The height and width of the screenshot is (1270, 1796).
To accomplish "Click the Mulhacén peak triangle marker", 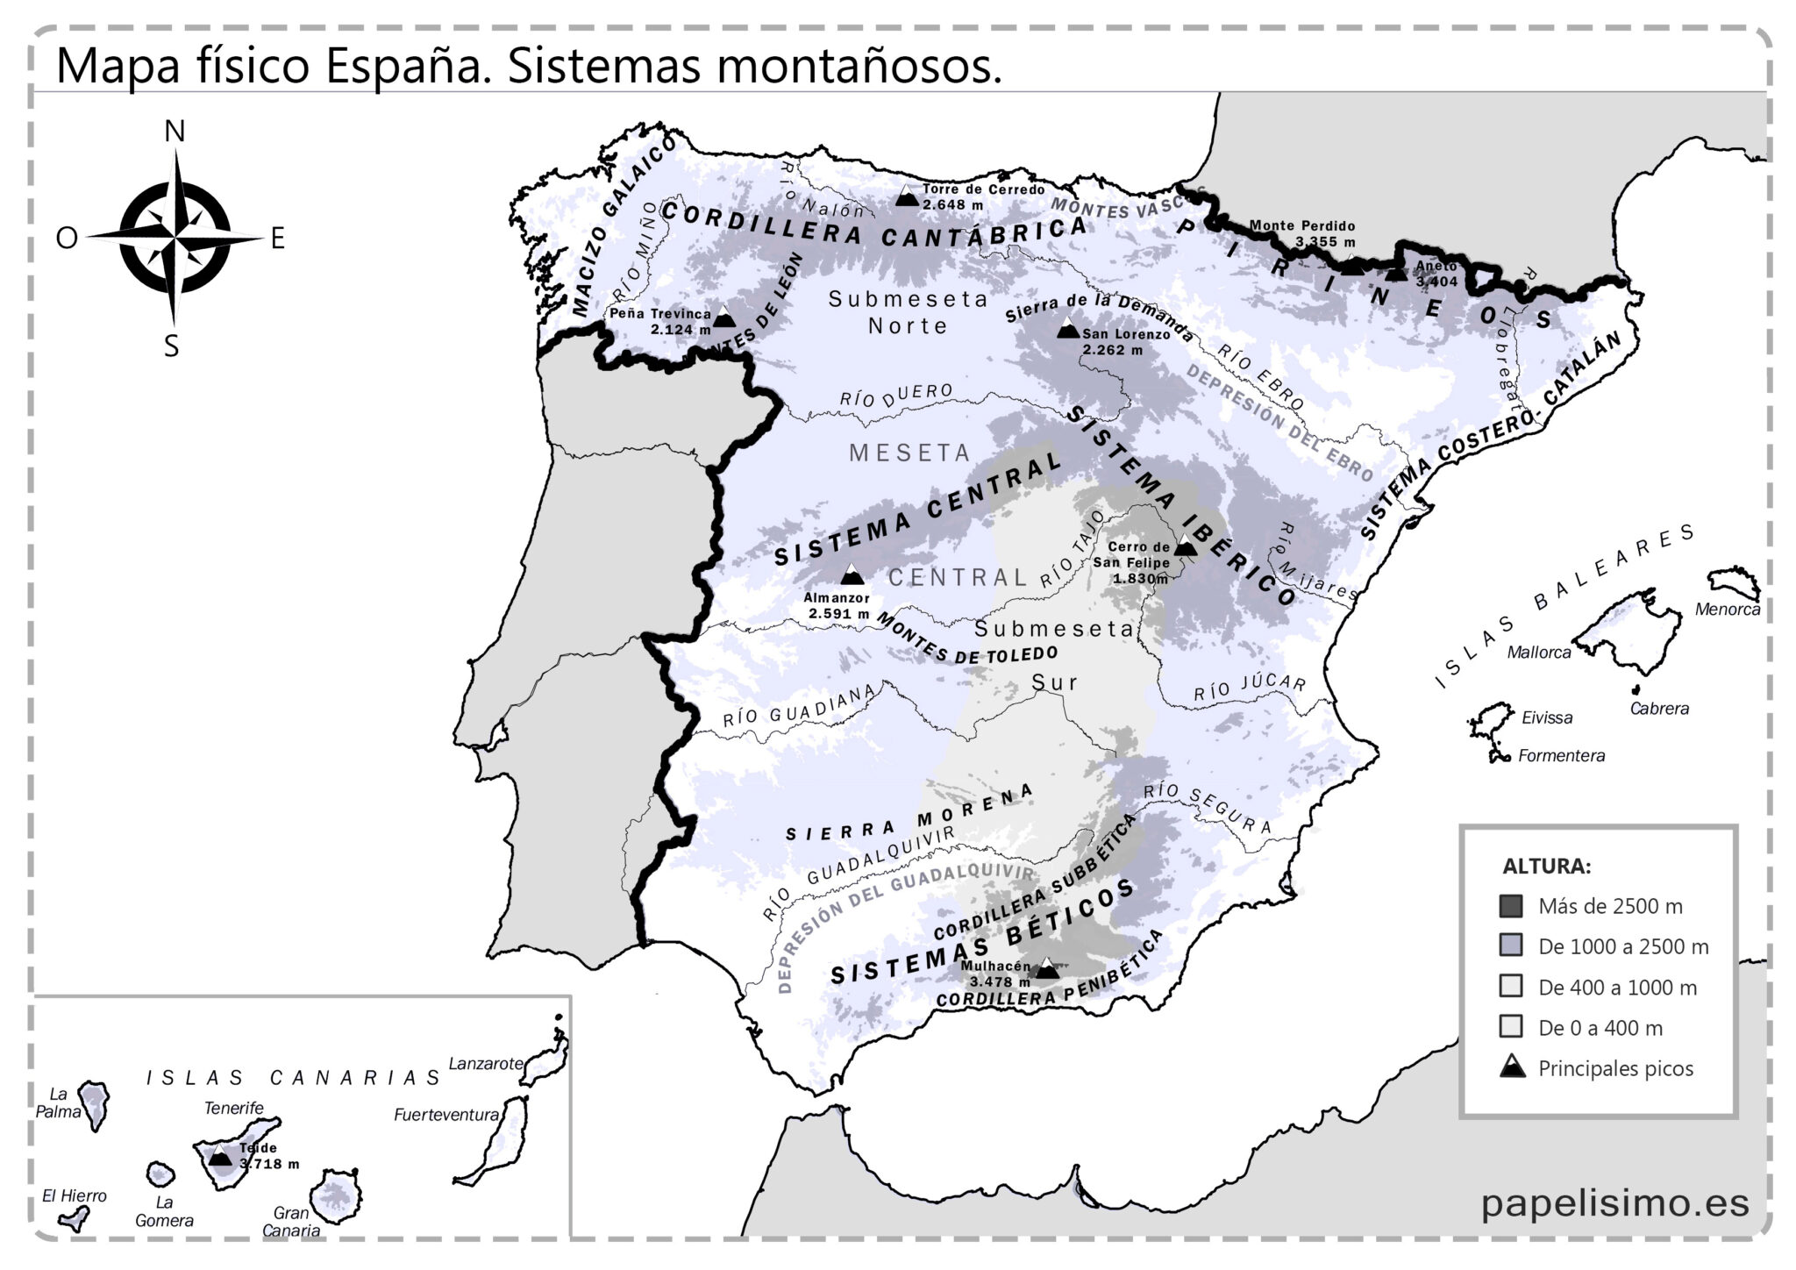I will pyautogui.click(x=1046, y=968).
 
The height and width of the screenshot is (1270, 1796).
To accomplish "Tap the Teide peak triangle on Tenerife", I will pyautogui.click(x=220, y=1157).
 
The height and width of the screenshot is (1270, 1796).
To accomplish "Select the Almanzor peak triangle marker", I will pyautogui.click(x=851, y=575).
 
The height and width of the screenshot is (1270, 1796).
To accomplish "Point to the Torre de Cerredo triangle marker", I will pyautogui.click(x=907, y=196).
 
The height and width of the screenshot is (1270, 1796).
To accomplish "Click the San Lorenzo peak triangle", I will pyautogui.click(x=1067, y=329).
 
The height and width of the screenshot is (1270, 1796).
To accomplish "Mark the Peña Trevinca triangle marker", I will pyautogui.click(x=723, y=317).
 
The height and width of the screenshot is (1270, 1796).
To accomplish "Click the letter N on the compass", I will pyautogui.click(x=175, y=132).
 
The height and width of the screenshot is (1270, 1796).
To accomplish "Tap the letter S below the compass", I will pyautogui.click(x=172, y=346).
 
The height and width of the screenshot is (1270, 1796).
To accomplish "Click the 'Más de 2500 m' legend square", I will pyautogui.click(x=1510, y=906).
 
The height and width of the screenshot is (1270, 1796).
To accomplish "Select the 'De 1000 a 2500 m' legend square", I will pyautogui.click(x=1510, y=946).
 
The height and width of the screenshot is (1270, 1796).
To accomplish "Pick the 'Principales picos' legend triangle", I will pyautogui.click(x=1512, y=1067).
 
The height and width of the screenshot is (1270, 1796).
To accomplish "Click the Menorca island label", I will pyautogui.click(x=1727, y=609).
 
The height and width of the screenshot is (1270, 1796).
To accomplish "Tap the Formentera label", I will pyautogui.click(x=1561, y=755).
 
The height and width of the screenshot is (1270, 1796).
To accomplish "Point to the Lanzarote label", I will pyautogui.click(x=485, y=1063).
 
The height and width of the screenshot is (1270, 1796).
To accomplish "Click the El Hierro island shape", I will pyautogui.click(x=72, y=1218).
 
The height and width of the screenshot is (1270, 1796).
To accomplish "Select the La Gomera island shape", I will pyautogui.click(x=160, y=1173).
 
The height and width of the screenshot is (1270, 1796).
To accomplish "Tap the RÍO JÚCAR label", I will pyautogui.click(x=1249, y=689).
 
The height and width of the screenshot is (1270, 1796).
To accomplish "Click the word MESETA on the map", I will pyautogui.click(x=909, y=453).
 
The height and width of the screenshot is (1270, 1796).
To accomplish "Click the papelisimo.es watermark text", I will pyautogui.click(x=1614, y=1202).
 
